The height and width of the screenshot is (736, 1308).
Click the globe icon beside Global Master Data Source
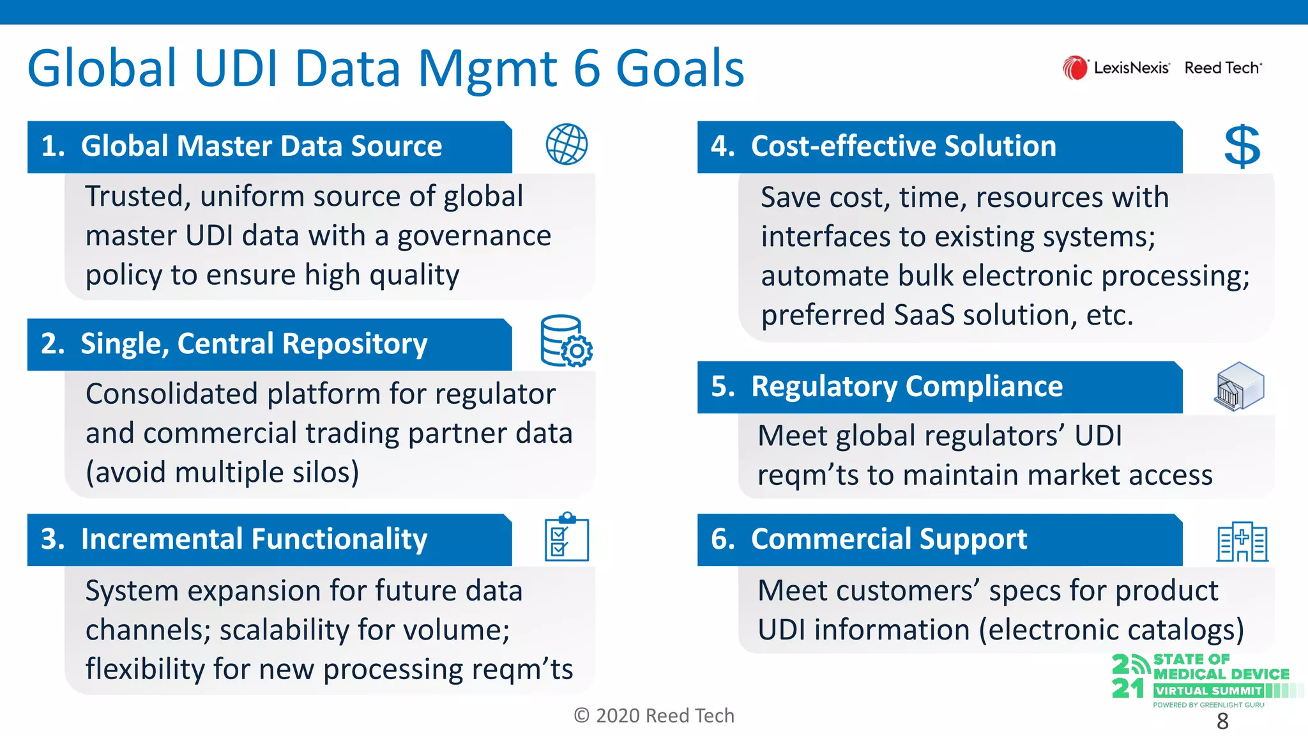click(x=567, y=144)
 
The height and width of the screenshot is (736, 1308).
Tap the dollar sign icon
click(x=1242, y=146)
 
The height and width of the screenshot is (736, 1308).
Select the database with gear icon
click(x=566, y=341)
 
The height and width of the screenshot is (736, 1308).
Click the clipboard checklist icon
click(x=567, y=538)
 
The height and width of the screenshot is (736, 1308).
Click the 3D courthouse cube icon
click(x=1240, y=386)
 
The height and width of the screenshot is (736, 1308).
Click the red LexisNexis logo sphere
click(x=1075, y=68)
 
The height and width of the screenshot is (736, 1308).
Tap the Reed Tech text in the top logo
click(x=1222, y=68)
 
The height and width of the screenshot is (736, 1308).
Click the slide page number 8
click(x=1222, y=721)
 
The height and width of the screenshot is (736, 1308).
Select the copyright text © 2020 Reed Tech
click(x=654, y=716)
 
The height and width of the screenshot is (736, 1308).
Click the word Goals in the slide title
click(x=680, y=68)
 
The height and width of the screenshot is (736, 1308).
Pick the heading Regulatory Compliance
click(x=906, y=387)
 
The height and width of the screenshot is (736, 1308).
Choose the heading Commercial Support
click(x=888, y=539)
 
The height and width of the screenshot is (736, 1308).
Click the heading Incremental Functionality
click(x=254, y=539)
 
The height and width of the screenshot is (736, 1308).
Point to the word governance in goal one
click(x=474, y=236)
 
